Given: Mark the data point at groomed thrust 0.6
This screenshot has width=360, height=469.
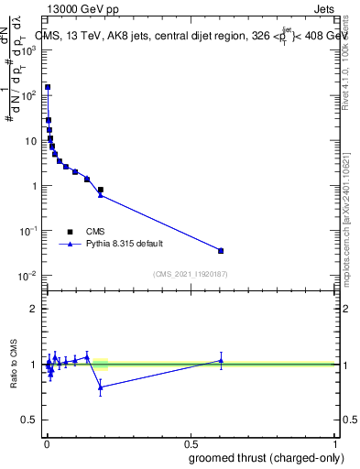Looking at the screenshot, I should (x=221, y=250).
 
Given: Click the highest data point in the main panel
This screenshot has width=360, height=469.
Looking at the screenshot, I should (x=48, y=87).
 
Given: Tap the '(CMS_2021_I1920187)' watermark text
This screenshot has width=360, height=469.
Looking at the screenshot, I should (x=189, y=274).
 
